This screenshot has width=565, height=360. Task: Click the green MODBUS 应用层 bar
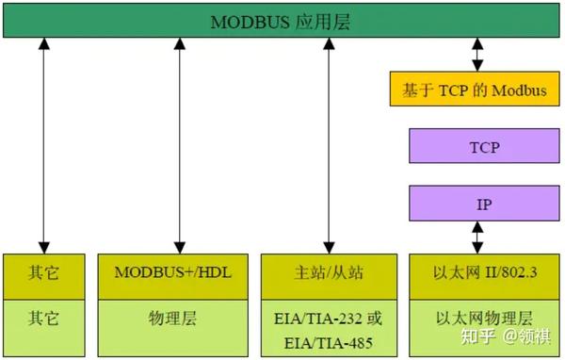click(282, 21)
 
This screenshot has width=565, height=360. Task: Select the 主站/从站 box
click(329, 274)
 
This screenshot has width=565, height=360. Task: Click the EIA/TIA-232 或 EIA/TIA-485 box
click(329, 326)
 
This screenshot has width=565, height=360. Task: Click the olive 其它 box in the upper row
click(42, 274)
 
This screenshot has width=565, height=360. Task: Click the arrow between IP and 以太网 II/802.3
click(476, 237)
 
